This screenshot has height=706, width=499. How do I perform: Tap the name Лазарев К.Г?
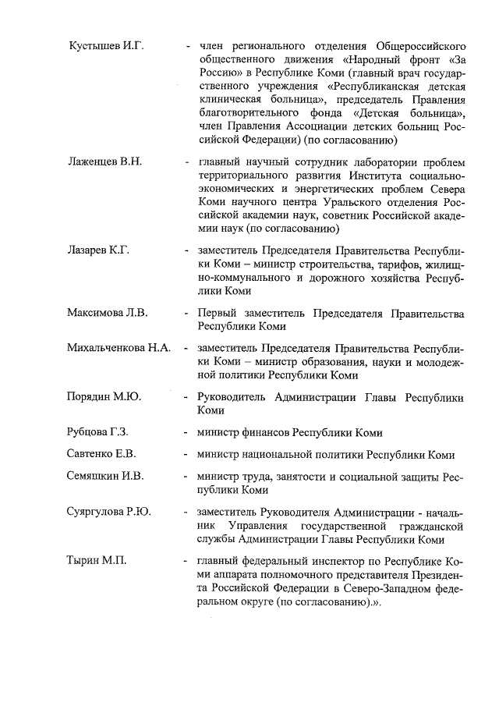[98, 250]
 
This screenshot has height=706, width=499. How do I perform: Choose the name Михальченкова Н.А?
[119, 347]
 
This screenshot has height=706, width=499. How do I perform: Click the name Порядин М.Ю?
[104, 396]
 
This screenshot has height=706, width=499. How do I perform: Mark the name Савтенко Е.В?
[101, 454]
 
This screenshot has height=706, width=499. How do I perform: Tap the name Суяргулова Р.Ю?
[109, 512]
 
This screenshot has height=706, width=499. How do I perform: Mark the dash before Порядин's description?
[186, 396]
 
